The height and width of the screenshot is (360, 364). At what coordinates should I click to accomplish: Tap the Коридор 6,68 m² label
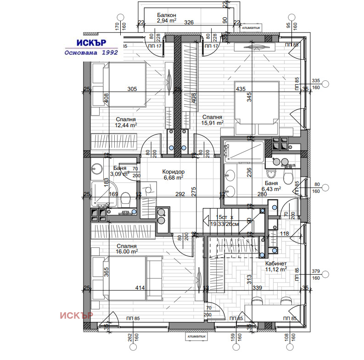tap(174, 174)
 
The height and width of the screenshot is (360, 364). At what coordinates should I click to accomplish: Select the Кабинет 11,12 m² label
tap(276, 266)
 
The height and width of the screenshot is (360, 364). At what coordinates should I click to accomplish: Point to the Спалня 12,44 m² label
tap(126, 121)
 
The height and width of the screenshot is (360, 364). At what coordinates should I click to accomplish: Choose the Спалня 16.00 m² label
tap(127, 248)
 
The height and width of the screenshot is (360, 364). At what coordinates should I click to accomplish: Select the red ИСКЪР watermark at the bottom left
tap(77, 315)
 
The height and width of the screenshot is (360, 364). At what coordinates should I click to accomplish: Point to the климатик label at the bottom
tap(197, 337)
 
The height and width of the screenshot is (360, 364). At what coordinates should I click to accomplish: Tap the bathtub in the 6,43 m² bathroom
tap(244, 150)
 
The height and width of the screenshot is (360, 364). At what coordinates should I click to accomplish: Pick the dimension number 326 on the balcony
tap(189, 22)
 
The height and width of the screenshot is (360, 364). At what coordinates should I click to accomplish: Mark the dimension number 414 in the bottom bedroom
tap(140, 288)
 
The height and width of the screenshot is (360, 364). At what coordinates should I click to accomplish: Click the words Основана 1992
tap(91, 52)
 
